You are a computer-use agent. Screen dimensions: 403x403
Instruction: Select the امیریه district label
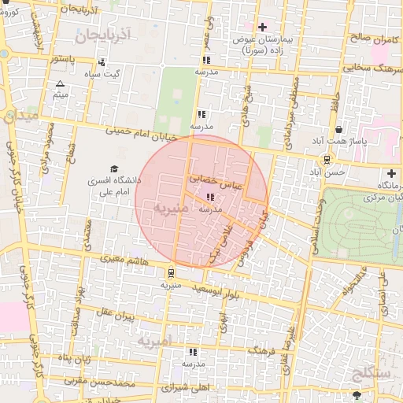pos(153,342)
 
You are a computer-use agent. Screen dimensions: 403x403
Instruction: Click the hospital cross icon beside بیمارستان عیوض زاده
pos(262,28)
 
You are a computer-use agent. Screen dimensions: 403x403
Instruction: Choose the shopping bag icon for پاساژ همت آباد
pos(338,130)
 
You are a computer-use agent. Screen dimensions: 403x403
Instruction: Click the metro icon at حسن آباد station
pos(316,158)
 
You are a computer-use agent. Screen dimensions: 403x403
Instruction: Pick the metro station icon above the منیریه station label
pos(170,273)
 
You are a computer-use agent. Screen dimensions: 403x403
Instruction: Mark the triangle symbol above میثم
pos(61,83)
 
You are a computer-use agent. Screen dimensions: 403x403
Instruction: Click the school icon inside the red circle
pos(209,198)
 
